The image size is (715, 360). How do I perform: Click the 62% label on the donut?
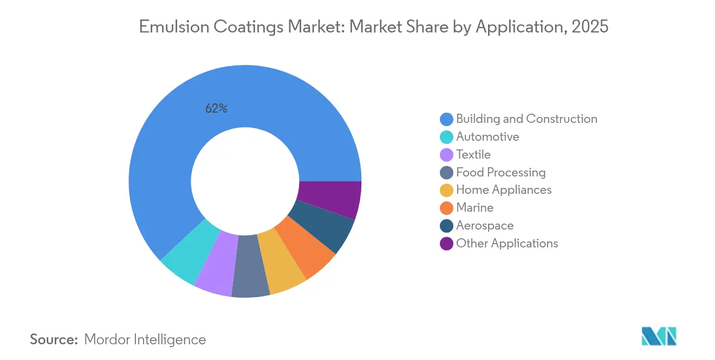(216, 108)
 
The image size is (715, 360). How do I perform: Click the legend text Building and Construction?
(526, 119)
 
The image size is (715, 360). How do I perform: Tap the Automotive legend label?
(487, 137)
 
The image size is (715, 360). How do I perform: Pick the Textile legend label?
(473, 155)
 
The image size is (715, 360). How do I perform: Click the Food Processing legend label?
(500, 173)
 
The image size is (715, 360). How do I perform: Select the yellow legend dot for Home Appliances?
(446, 190)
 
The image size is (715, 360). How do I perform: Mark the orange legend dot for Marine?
(446, 208)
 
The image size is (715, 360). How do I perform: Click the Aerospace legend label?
(485, 226)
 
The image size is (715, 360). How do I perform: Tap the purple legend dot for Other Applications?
(446, 244)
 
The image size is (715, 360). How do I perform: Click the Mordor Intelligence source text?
(145, 339)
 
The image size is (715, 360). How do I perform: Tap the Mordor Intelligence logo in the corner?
(659, 336)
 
